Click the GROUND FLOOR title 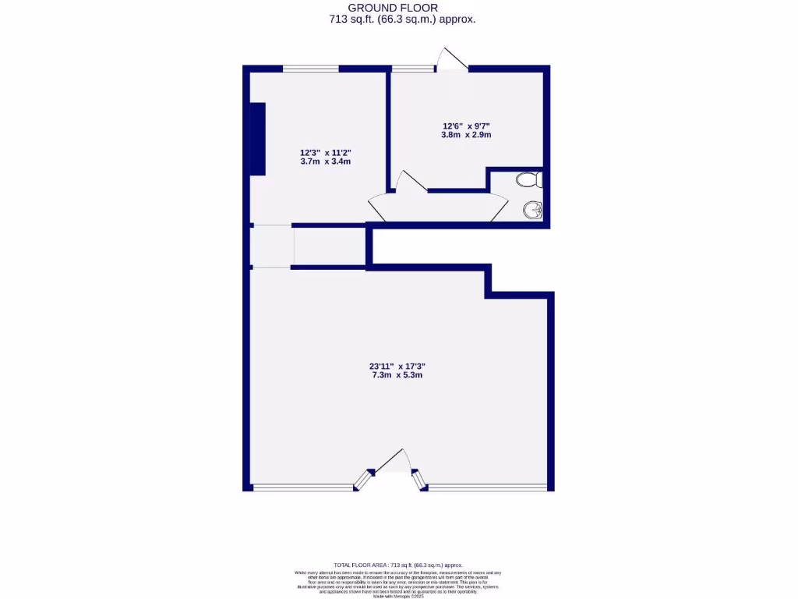(399, 8)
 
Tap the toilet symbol (529, 181)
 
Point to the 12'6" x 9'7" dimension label (466, 126)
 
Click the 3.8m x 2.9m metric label (466, 135)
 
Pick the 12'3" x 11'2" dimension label (326, 153)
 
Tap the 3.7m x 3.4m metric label (326, 162)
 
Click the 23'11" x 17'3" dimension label (397, 366)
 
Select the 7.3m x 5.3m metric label (397, 375)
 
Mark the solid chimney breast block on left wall (257, 140)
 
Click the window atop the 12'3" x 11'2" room (311, 69)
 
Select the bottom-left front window (303, 488)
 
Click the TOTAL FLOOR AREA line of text (398, 565)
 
